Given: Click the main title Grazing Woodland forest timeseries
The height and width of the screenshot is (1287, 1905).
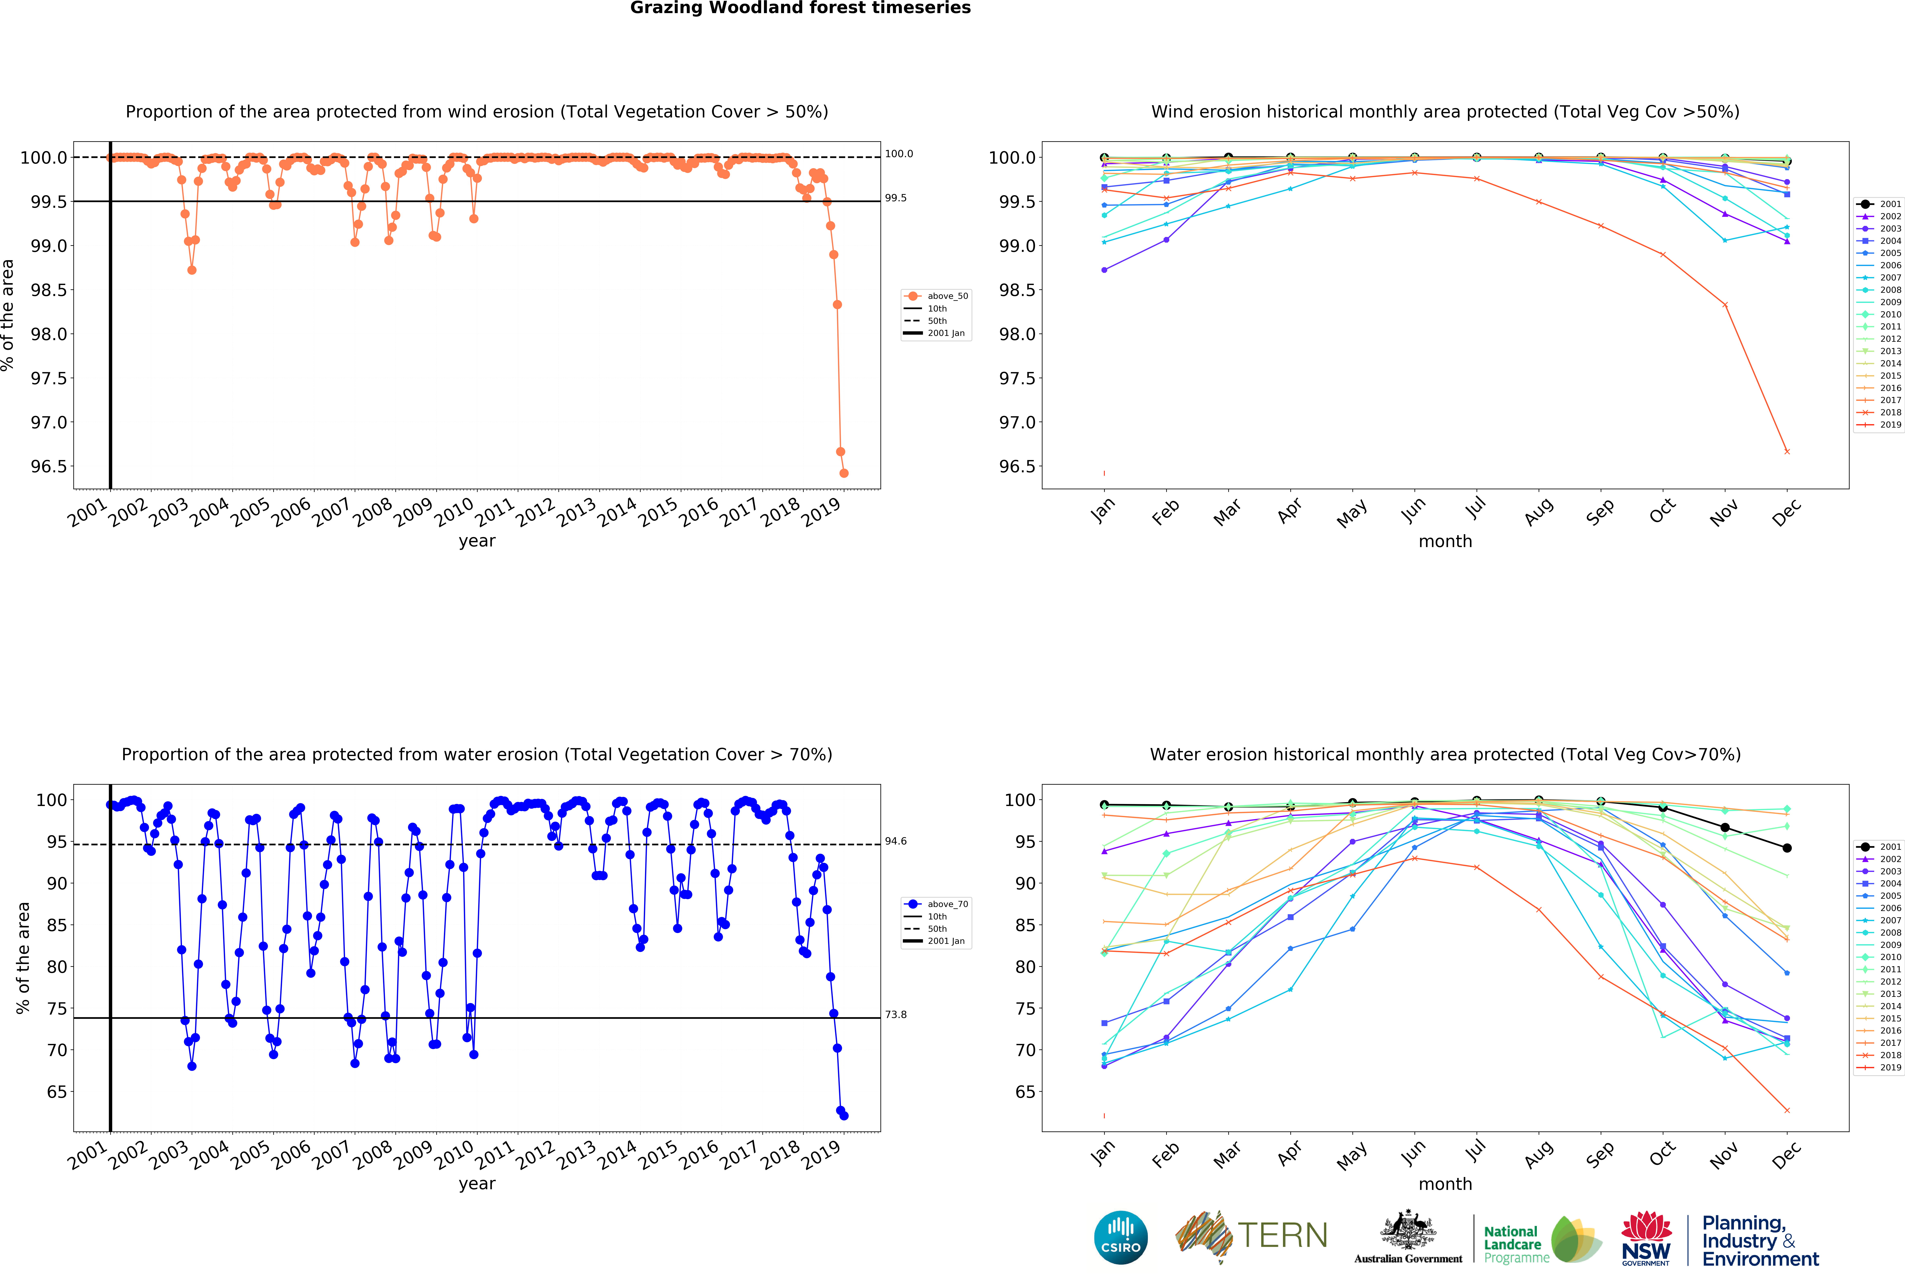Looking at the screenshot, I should tap(800, 8).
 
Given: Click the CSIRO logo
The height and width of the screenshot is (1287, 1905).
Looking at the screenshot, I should tap(1120, 1237).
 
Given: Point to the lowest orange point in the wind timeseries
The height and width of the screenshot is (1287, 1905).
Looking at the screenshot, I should tap(844, 473).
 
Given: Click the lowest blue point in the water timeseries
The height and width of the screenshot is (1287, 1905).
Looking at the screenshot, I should tap(844, 1116).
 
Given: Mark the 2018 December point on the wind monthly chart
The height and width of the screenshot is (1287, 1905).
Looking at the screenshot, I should tap(1787, 452).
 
